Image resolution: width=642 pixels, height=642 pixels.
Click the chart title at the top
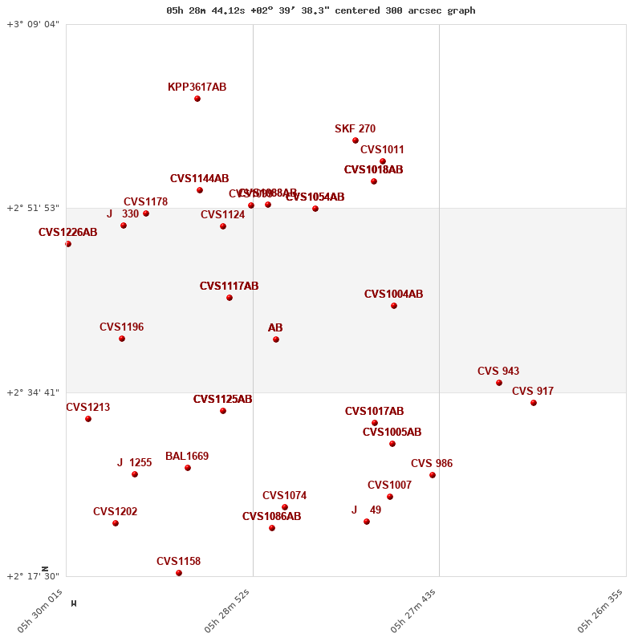[x=320, y=10]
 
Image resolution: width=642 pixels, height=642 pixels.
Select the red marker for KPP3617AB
[x=197, y=99]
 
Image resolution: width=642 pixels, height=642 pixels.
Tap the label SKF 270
[x=355, y=128]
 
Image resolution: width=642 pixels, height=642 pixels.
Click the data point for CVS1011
[x=383, y=161]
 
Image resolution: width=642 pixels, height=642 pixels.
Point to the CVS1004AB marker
[x=394, y=306]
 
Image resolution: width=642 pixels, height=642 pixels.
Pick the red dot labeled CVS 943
[x=499, y=383]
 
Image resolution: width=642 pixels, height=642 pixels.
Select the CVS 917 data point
[x=534, y=403]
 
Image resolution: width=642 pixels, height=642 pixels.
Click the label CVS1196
[x=121, y=327]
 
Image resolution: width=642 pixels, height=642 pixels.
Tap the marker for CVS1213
[x=88, y=419]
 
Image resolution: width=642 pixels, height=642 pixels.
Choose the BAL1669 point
[x=188, y=468]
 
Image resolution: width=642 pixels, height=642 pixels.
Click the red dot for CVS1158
[x=179, y=573]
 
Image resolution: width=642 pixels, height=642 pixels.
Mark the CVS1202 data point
[x=116, y=523]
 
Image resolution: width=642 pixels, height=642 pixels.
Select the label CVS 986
[x=432, y=463]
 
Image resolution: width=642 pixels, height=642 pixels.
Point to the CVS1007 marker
[x=390, y=497]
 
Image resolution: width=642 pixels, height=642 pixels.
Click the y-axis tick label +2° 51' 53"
[x=33, y=208]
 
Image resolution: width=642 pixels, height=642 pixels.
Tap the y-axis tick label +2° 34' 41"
[x=33, y=392]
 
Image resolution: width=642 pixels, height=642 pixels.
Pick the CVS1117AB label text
[x=229, y=286]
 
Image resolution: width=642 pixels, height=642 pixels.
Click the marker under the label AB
[x=276, y=339]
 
